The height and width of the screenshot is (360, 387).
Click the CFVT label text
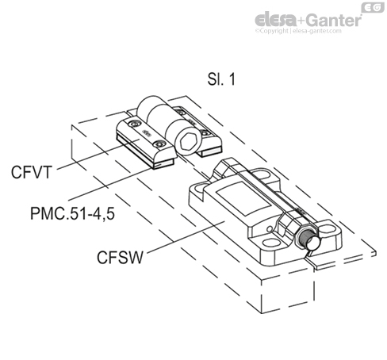click(29, 169)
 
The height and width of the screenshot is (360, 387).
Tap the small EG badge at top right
click(373, 7)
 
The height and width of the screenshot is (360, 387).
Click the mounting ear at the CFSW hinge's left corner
click(199, 190)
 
